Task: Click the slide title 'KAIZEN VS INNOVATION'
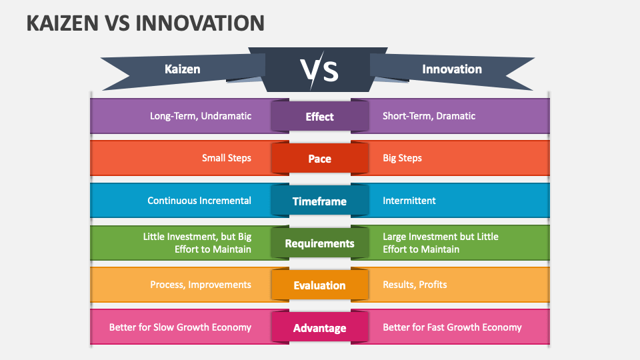coord(145,23)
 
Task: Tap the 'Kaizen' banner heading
coord(182,69)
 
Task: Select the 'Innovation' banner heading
coord(451,69)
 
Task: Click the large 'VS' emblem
coord(319,71)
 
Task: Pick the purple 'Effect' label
coord(319,117)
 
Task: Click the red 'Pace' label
coord(319,159)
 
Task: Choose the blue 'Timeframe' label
coord(319,201)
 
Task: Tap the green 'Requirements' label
coord(319,243)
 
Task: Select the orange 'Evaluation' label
coord(319,285)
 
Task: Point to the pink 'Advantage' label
coord(319,328)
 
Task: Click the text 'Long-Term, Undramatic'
coord(201,116)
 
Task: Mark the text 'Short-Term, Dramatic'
coord(429,116)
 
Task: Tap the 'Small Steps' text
coord(227,158)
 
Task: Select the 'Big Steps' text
coord(402,158)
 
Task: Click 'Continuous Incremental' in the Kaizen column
coord(199,200)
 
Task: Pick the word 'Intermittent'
coord(409,200)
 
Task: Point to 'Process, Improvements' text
coord(201,285)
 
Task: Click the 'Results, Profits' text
coord(415,285)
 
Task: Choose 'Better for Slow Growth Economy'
coord(180,327)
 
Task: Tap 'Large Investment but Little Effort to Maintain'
coord(440,243)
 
